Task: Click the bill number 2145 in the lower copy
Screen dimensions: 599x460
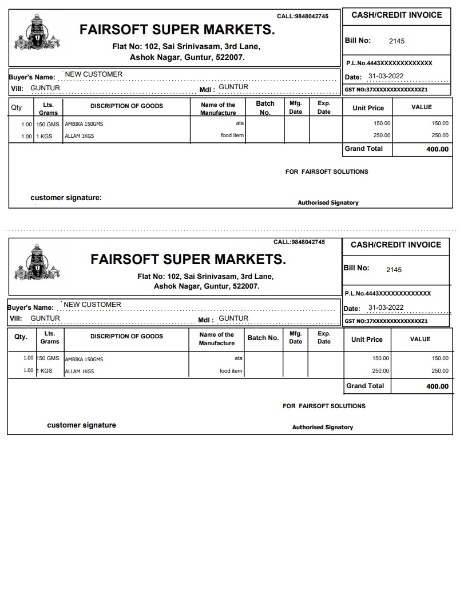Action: point(394,270)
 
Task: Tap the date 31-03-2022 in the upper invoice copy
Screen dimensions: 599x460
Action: point(386,76)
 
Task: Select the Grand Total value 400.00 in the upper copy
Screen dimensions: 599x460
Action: point(437,149)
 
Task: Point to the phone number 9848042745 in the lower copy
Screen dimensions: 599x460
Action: point(308,242)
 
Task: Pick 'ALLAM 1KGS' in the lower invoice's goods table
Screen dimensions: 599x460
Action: point(80,372)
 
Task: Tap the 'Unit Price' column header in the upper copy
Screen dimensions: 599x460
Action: point(368,108)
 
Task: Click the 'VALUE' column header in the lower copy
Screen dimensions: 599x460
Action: point(420,339)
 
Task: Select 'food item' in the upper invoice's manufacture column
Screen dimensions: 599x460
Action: point(233,135)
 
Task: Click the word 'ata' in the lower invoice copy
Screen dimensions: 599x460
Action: point(239,358)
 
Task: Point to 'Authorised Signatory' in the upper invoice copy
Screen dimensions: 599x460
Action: point(328,202)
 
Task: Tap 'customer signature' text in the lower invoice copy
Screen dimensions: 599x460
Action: point(81,425)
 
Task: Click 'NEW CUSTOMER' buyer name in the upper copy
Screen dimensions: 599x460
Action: point(94,74)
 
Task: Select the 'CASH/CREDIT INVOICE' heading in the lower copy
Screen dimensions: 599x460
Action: point(395,245)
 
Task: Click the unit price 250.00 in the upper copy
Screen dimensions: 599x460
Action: point(382,135)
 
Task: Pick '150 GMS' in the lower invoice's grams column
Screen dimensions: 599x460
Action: point(48,358)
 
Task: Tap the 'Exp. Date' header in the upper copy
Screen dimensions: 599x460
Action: point(324,107)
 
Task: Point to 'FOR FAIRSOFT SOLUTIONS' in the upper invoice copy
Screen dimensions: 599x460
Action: point(327,171)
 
